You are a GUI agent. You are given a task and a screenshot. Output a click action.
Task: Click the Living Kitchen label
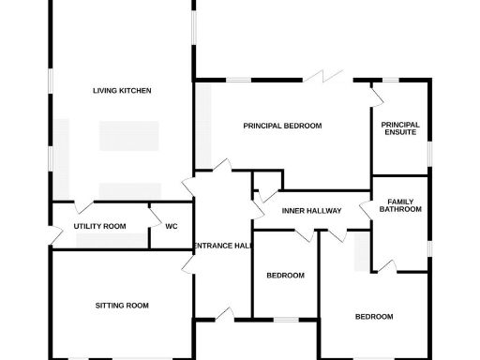coord(122,91)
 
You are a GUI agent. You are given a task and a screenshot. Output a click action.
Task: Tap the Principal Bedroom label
coord(282,126)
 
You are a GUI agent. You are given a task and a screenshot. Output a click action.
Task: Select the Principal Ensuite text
coord(400,129)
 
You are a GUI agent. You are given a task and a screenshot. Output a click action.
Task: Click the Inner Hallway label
coord(310,211)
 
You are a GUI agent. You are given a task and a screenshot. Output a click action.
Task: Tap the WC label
coord(172,226)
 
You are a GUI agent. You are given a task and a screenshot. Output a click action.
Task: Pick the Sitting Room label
coord(122,306)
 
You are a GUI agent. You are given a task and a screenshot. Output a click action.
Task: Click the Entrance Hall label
coord(221,246)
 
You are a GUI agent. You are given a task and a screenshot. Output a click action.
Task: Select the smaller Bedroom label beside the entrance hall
coord(285,276)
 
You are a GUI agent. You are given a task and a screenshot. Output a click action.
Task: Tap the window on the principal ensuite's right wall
coord(429,151)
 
